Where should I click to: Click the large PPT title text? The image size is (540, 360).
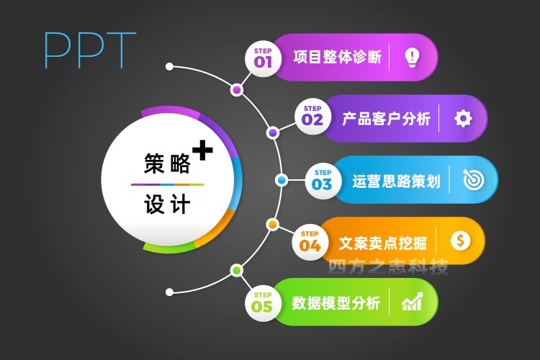coord(90,50)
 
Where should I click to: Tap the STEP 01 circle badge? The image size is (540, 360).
coord(263,58)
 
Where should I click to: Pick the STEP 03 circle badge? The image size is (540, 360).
coord(323,181)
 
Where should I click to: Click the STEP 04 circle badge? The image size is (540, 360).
coord(310,242)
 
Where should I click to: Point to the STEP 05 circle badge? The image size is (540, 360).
coord(263,303)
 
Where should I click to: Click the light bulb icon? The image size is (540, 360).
coord(412,57)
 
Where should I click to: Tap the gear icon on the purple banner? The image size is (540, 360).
coord(463,119)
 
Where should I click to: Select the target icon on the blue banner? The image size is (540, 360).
coord(473,179)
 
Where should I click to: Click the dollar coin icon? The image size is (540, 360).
coord(461,240)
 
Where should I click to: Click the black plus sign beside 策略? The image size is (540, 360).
coord(202,150)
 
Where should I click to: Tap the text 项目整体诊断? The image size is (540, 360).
coord(338,57)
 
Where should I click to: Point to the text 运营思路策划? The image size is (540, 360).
coord(397,181)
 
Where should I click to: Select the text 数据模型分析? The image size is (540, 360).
coord(336,303)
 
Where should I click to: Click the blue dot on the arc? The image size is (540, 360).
coord(282,180)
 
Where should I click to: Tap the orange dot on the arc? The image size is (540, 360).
coord(272,225)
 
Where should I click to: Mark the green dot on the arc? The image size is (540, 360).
coord(236,270)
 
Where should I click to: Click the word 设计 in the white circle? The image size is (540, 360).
coord(167,204)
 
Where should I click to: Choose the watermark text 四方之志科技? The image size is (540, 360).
coord(388,267)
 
